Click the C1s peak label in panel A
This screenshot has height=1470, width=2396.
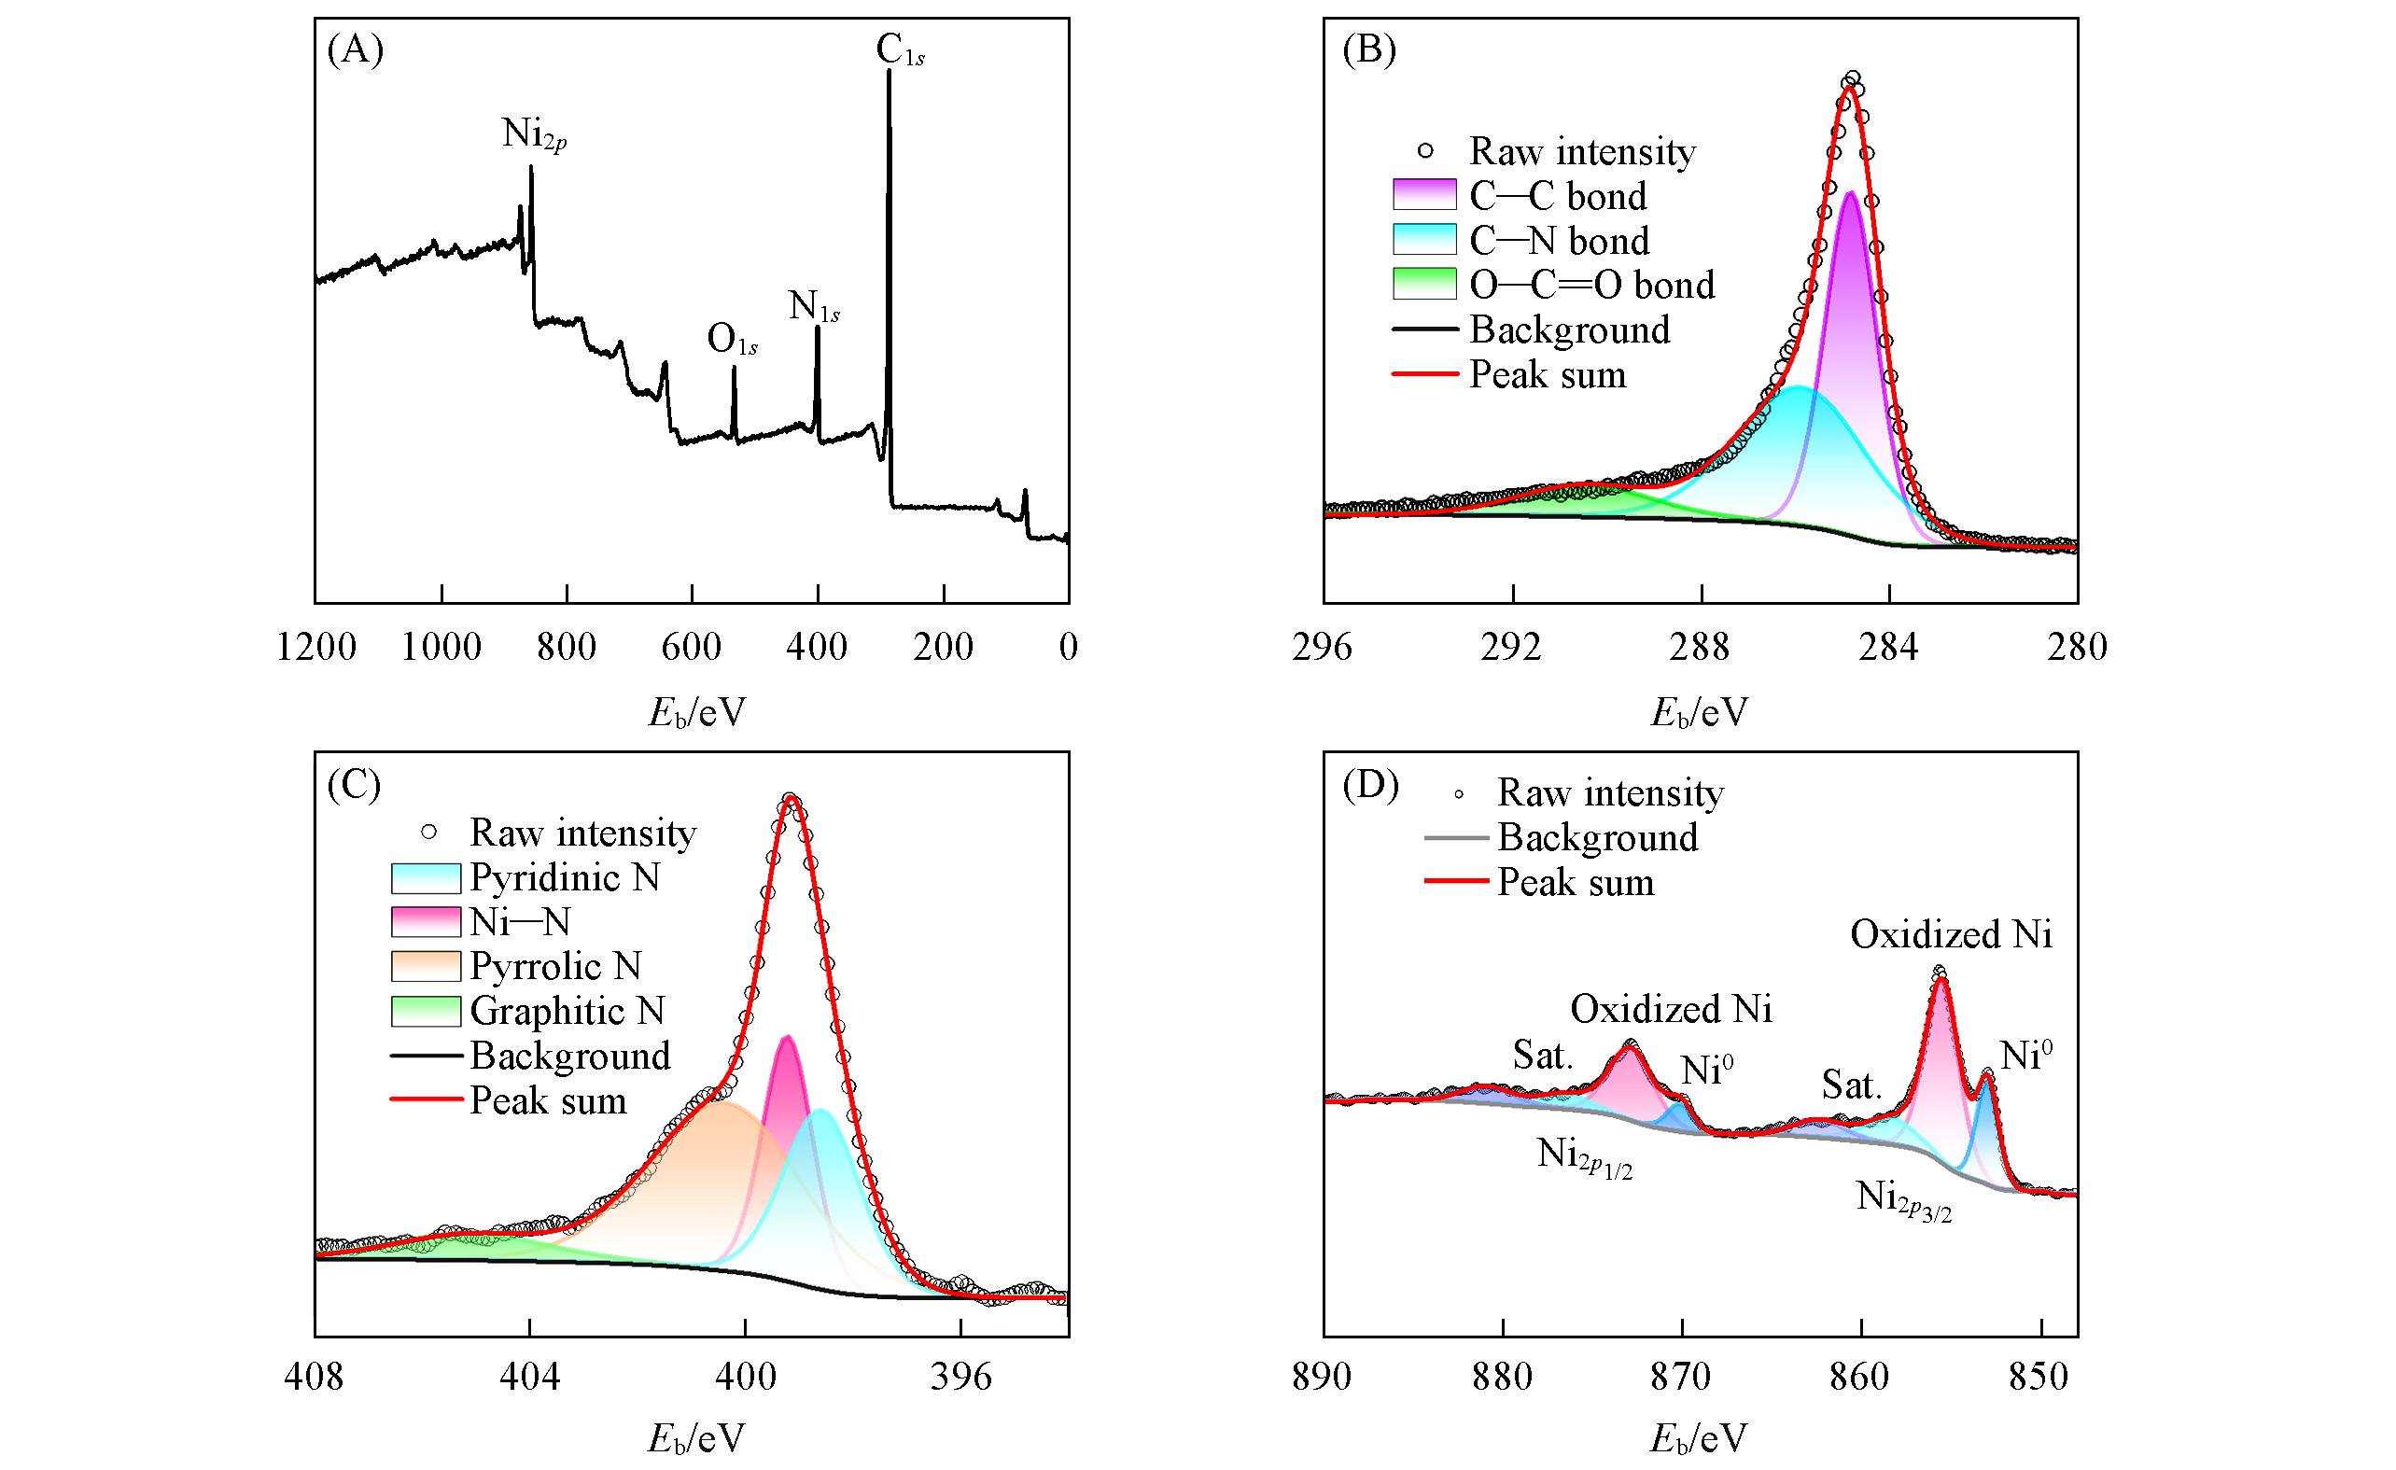click(x=900, y=51)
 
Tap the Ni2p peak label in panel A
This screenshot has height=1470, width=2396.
click(x=534, y=134)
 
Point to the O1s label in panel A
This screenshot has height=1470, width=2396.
click(x=732, y=341)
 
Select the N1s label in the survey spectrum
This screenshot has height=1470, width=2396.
click(x=814, y=307)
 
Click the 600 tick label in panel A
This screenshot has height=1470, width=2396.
click(x=692, y=648)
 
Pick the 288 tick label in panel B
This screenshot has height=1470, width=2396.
click(x=1701, y=648)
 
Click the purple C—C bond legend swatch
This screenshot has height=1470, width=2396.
click(x=1424, y=195)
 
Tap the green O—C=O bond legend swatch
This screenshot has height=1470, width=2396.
click(x=1424, y=284)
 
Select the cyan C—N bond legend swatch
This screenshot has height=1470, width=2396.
click(x=1424, y=240)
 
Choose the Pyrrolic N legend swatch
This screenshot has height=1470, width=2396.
click(x=425, y=965)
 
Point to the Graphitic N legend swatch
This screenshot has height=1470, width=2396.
click(x=425, y=1011)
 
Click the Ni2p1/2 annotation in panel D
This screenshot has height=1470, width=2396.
click(x=1584, y=1157)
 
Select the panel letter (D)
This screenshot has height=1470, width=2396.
click(x=1369, y=786)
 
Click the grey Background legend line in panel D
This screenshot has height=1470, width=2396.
click(x=1456, y=837)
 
